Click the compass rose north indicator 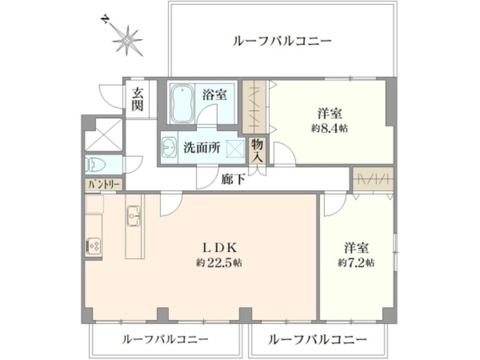(x=128, y=40)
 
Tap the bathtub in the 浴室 (x=183, y=103)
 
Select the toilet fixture (x=95, y=164)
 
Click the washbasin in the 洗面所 (x=169, y=148)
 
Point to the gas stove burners (x=94, y=246)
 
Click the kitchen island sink (x=133, y=216)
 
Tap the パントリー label (x=104, y=184)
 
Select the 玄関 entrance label (x=137, y=99)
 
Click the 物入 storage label (x=257, y=150)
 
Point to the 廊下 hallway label (x=233, y=179)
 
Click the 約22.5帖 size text (x=219, y=263)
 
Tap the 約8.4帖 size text (x=329, y=128)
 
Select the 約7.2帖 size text (x=356, y=263)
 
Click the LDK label (x=220, y=248)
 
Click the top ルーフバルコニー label (x=282, y=41)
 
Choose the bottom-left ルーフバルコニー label (x=166, y=339)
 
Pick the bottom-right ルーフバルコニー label (x=317, y=340)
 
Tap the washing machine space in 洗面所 (x=236, y=149)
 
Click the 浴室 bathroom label (x=214, y=95)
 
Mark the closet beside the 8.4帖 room (x=254, y=107)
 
